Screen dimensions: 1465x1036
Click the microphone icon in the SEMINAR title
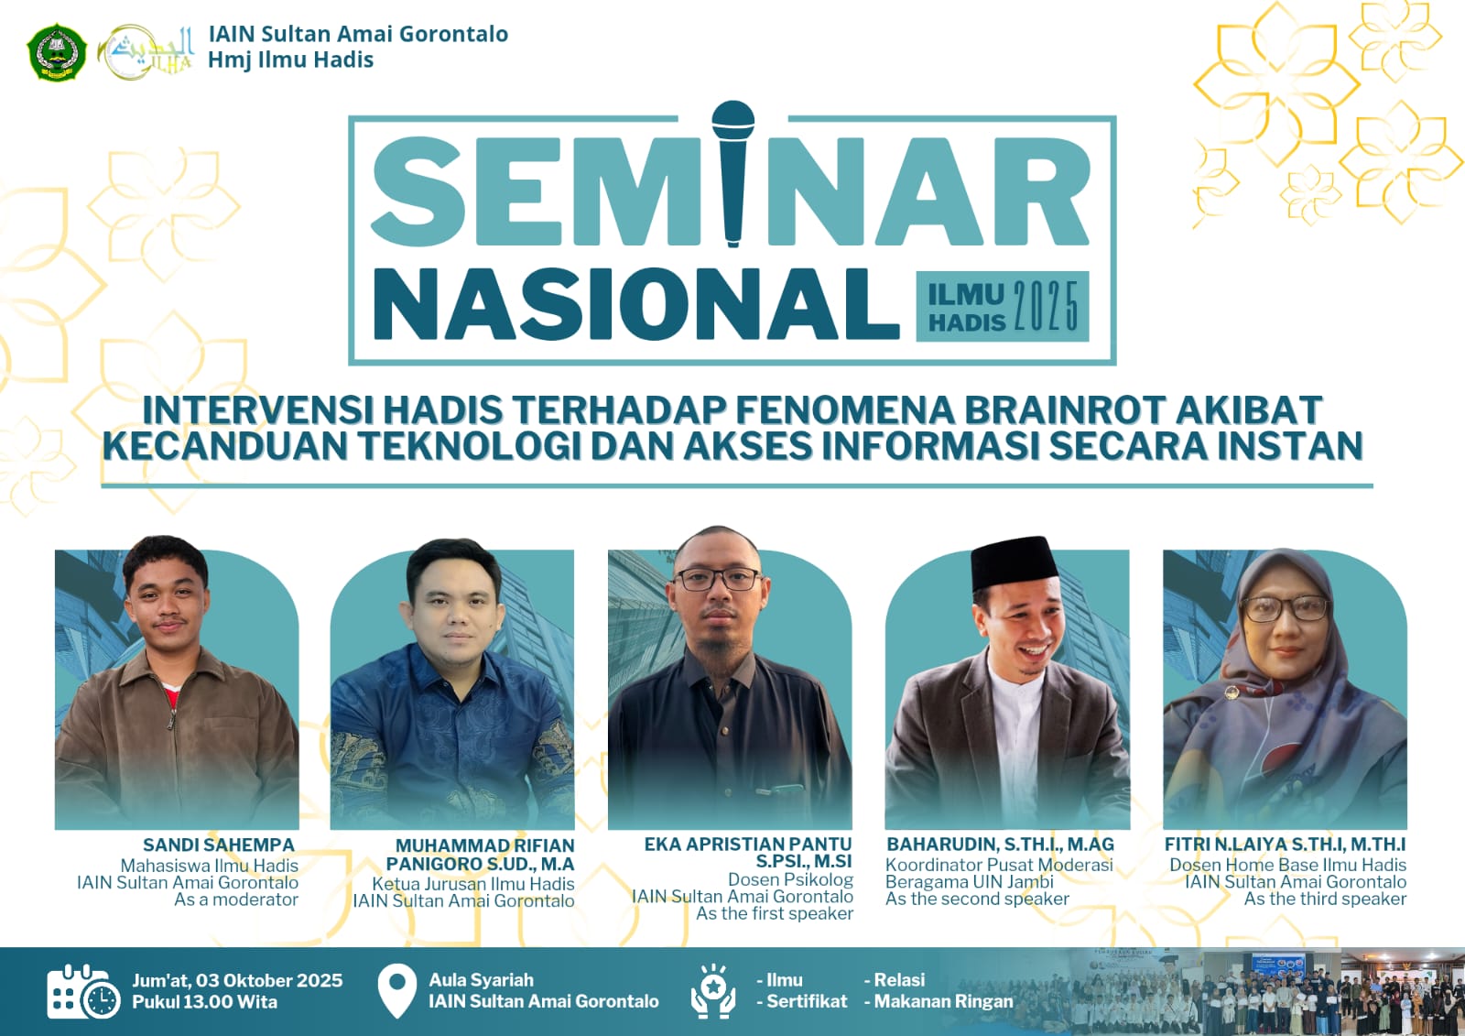732,173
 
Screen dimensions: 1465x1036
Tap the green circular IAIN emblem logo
57,52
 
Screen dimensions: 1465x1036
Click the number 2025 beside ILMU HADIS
1046,306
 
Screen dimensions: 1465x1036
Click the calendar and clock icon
83,991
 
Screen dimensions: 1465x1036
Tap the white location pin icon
397,991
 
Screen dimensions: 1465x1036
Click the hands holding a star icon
713,991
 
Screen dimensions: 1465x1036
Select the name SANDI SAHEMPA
219,845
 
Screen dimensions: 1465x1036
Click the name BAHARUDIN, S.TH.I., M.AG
1000,845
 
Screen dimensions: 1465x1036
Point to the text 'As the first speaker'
775,913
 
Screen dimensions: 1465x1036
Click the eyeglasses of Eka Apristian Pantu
718,579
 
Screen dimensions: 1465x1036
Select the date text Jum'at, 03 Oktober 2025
237,980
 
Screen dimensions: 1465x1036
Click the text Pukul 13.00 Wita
205,1002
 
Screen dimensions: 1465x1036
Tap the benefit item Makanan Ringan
943,1001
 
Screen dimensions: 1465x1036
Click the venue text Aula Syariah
482,980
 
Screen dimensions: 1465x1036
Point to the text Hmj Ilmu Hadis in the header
290,60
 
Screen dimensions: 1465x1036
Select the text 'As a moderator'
236,900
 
